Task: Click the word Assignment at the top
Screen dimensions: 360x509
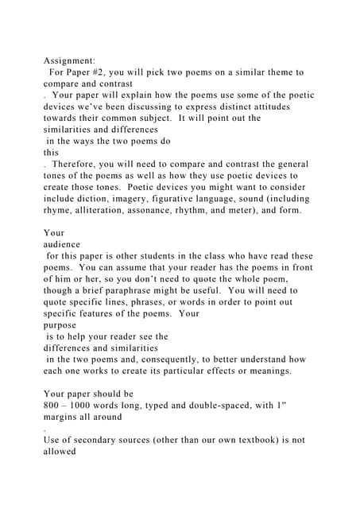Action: pyautogui.click(x=69, y=60)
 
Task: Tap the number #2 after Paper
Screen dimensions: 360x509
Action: pyautogui.click(x=110, y=72)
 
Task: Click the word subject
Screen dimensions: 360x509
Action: pyautogui.click(x=165, y=118)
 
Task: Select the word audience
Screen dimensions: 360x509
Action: pyautogui.click(x=64, y=245)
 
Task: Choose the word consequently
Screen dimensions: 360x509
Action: pyautogui.click(x=192, y=359)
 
